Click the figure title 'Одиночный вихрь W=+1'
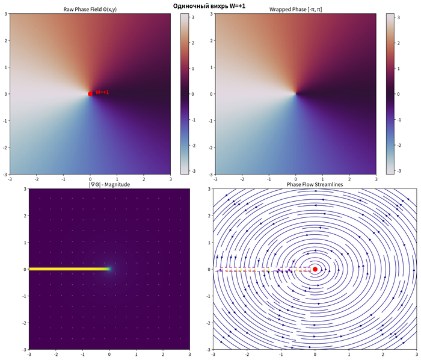(x=210, y=5)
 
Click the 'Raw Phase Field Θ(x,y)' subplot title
(x=90, y=10)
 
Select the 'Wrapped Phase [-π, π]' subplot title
(x=295, y=10)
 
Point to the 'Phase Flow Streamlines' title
(x=315, y=185)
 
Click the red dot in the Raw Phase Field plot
(x=90, y=93)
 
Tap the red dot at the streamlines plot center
(x=315, y=269)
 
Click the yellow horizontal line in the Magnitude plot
(x=66, y=269)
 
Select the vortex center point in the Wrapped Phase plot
(x=295, y=93)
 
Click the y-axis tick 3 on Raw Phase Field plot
(x=5, y=14)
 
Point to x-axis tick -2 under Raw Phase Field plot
(x=36, y=179)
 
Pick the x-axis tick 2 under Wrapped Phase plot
(x=349, y=179)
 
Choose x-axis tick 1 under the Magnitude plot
(x=136, y=354)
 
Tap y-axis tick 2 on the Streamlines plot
(x=207, y=216)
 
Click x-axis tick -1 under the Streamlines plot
(x=281, y=354)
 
